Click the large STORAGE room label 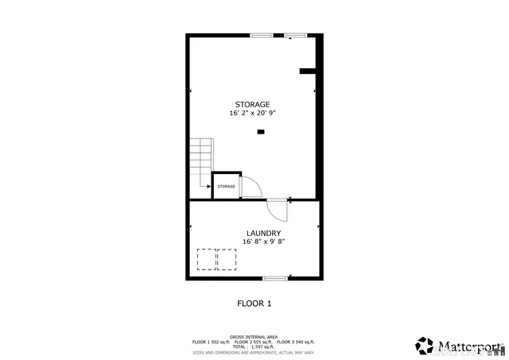252,104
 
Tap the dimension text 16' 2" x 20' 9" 252,113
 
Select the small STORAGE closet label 227,186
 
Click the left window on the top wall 261,35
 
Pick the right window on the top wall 296,35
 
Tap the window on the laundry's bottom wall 275,277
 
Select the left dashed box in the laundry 207,260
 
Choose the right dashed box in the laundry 227,260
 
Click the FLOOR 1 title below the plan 254,303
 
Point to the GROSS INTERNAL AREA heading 254,337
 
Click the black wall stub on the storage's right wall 309,72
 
